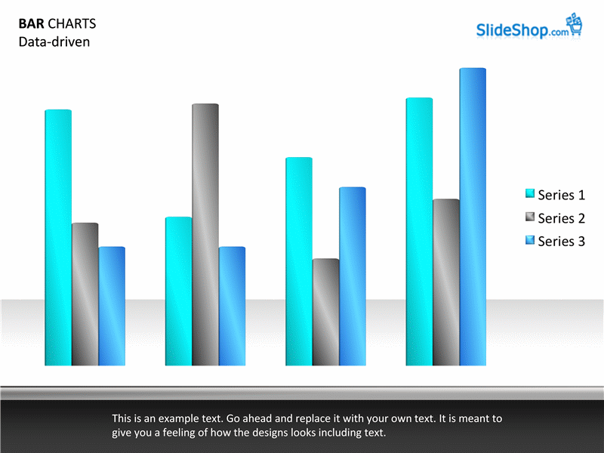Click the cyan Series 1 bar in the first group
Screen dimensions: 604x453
tap(58, 237)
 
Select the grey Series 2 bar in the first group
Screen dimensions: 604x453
tap(85, 294)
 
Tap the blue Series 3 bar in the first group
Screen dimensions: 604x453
tap(112, 306)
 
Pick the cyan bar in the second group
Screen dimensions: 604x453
tap(179, 291)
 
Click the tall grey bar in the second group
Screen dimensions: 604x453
tap(205, 234)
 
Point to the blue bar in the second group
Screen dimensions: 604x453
tap(233, 306)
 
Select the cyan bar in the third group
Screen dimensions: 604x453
tap(299, 261)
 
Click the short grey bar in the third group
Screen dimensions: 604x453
tap(326, 312)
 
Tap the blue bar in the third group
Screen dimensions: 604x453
tap(353, 276)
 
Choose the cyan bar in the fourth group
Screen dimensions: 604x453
tap(420, 232)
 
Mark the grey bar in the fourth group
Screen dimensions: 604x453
tap(446, 282)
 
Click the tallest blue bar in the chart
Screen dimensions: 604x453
tap(473, 217)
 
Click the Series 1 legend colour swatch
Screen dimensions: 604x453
tap(530, 193)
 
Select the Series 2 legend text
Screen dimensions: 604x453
tap(561, 218)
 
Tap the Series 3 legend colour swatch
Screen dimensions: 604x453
tap(530, 240)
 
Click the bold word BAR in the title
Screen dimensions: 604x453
tap(31, 24)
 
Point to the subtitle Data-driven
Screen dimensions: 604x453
tap(54, 42)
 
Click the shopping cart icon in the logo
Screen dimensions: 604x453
tap(575, 24)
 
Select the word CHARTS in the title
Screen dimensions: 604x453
tap(72, 24)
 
